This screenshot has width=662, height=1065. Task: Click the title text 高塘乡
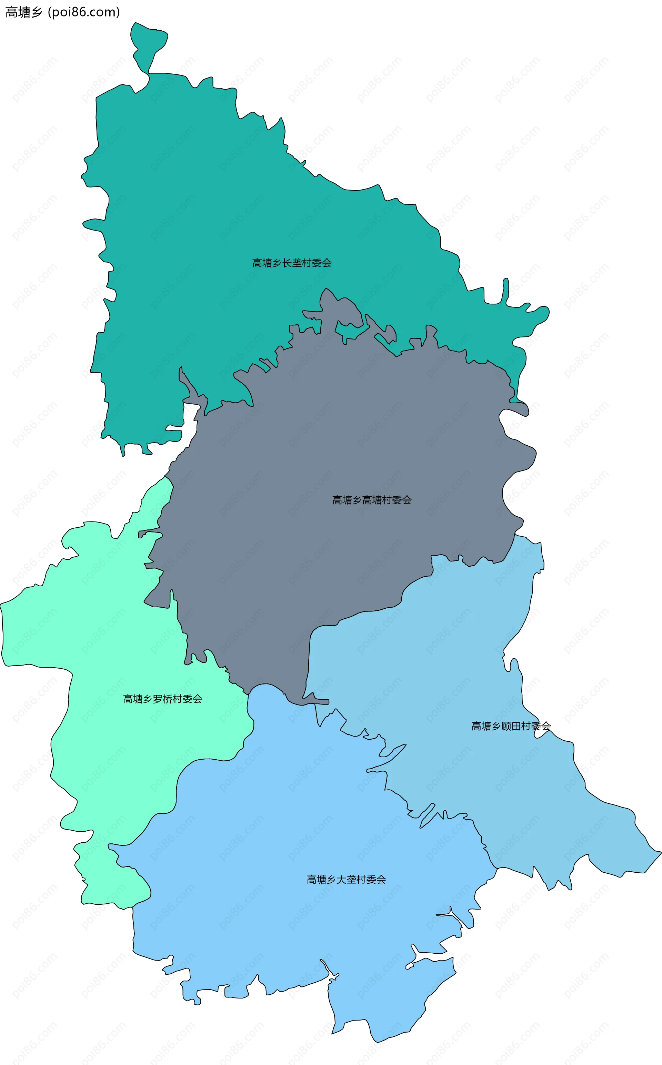(24, 12)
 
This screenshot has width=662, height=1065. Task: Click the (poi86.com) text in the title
(84, 12)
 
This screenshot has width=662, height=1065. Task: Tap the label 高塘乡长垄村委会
(292, 263)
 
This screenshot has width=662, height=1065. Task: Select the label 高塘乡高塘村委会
(372, 500)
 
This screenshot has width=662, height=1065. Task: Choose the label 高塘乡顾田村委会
(511, 726)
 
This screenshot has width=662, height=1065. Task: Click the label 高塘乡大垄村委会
(346, 880)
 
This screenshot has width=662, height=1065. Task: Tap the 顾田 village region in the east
(460, 656)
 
